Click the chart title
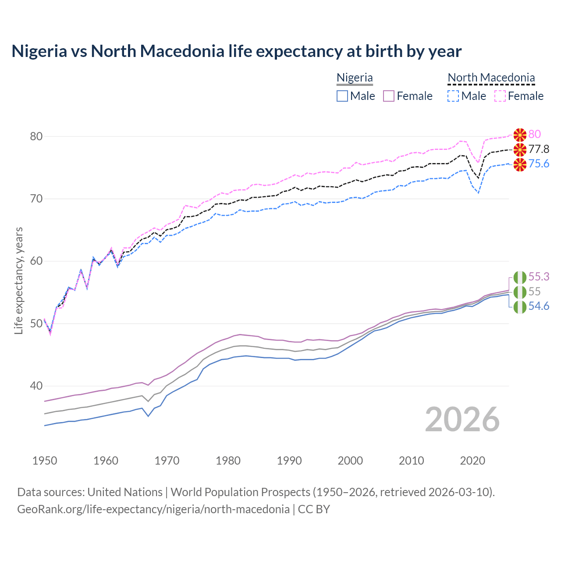click(236, 51)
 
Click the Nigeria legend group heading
click(355, 78)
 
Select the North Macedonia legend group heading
click(491, 78)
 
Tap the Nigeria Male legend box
click(342, 96)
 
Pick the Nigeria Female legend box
click(389, 96)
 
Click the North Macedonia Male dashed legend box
click(453, 96)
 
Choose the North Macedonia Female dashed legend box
click(500, 96)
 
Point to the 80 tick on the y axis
click(36, 136)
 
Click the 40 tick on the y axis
click(36, 386)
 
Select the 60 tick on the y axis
click(36, 261)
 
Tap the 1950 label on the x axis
click(45, 461)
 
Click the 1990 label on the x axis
click(289, 461)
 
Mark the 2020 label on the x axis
click(472, 461)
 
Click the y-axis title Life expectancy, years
click(19, 280)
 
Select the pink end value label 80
click(534, 134)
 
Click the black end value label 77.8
click(539, 149)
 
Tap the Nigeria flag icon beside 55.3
click(520, 277)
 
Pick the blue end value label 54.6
click(539, 306)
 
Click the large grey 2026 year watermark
click(462, 419)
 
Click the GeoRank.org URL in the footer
click(153, 509)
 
